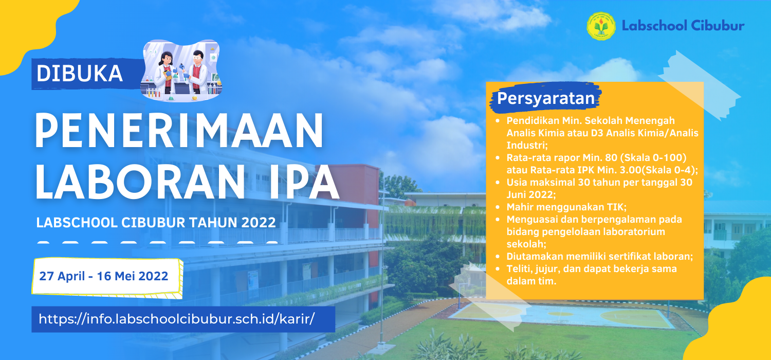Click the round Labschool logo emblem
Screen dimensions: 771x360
coord(601,26)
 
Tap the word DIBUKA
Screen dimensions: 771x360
coord(80,74)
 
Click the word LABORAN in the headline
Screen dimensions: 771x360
coord(140,182)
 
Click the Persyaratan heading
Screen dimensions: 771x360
coord(546,98)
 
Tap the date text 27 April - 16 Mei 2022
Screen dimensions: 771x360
coord(104,276)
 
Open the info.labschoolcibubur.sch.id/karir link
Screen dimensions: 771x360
coord(177,319)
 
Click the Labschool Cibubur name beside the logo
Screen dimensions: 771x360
coord(683,26)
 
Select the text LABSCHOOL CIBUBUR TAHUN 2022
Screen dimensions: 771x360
coord(156,223)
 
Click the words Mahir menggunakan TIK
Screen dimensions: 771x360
coord(566,207)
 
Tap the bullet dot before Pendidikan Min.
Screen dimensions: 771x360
coord(498,121)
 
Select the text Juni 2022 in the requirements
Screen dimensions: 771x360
coord(530,194)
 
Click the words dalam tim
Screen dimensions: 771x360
coord(531,281)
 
